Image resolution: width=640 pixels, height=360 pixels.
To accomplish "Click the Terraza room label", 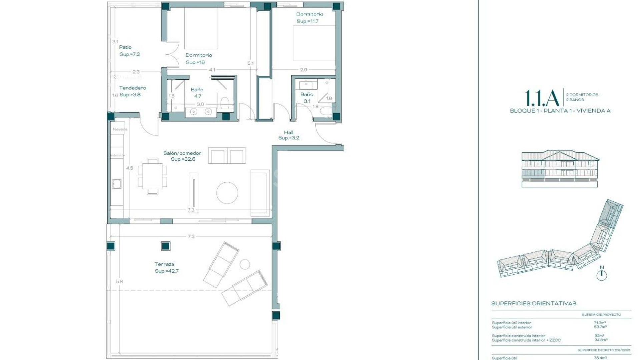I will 164,264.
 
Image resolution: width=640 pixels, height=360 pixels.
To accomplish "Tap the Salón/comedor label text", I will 182,153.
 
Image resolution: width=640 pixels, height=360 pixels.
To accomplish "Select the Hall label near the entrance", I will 288,132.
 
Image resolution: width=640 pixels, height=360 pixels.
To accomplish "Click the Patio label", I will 125,47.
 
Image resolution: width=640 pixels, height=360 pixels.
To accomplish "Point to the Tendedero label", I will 132,88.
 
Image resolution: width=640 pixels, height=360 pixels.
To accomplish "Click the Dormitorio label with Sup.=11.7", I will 309,14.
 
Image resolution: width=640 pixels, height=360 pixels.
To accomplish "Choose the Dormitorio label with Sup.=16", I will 198,55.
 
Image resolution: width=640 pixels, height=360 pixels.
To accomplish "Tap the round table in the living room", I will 227,193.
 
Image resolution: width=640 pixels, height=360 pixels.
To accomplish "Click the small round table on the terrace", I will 245,264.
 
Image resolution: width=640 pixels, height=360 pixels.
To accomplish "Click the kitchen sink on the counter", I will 116,184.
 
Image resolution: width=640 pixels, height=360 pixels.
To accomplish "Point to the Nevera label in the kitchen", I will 120,129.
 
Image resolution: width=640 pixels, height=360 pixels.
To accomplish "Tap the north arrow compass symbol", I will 601,275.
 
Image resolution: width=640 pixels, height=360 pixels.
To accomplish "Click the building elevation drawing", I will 560,168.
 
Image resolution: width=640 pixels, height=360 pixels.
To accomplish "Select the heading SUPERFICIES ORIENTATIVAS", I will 533,303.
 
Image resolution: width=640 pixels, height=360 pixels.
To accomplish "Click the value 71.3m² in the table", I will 599,323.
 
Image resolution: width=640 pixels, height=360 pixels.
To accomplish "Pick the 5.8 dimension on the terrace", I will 119,282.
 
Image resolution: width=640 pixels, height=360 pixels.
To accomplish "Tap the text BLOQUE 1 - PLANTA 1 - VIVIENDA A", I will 560,111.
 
